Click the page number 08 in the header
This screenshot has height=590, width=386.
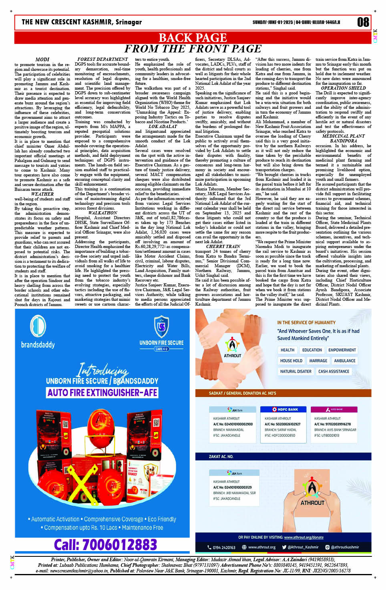[363, 22]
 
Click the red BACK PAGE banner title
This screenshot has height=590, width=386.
[193, 38]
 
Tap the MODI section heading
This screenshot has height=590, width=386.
[42, 59]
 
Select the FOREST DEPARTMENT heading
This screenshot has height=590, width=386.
[103, 59]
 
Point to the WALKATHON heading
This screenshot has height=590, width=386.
[103, 213]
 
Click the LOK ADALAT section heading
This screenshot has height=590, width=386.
[163, 126]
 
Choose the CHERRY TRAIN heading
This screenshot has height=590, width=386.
[223, 246]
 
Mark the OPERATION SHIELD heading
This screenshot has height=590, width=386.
[343, 88]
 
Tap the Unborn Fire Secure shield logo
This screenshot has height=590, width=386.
[161, 326]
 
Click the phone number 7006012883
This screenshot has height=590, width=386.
[105, 544]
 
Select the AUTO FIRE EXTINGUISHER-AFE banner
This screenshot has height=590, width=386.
[103, 393]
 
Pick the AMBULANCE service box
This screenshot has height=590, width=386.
[344, 360]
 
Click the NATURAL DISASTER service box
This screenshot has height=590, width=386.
[296, 371]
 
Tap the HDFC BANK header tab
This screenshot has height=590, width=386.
[285, 410]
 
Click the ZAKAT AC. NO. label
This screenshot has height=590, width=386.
[221, 456]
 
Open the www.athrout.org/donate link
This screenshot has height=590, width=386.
[304, 537]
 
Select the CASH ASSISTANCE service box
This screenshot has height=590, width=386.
[334, 371]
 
